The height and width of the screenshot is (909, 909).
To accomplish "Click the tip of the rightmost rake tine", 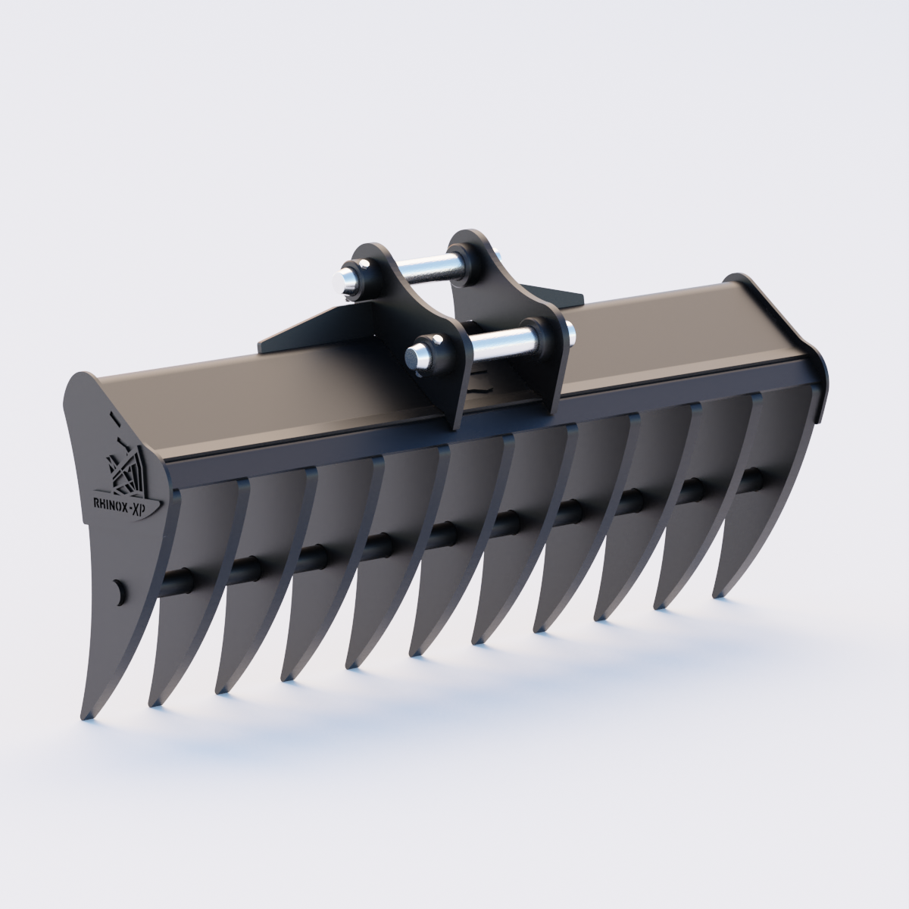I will [x=717, y=595].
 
